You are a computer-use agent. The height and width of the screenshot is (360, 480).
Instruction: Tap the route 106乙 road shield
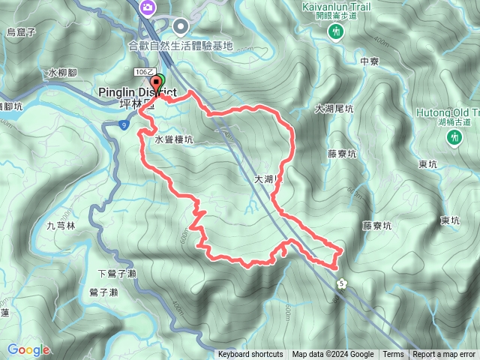(145, 71)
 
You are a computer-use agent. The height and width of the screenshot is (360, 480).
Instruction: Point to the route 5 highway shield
(342, 282)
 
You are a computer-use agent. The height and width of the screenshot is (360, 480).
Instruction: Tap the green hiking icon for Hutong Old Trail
(454, 137)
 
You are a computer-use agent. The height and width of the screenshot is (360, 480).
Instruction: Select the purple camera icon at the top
(148, 7)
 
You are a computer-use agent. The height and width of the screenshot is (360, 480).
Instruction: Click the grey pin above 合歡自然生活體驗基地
(181, 27)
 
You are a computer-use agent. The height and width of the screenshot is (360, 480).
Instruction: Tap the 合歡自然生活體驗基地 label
(181, 46)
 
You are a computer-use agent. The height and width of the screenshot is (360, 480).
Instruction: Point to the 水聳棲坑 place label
(174, 139)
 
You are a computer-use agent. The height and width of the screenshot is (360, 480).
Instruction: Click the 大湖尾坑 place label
(334, 109)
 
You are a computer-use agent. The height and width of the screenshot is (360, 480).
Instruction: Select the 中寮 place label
(369, 62)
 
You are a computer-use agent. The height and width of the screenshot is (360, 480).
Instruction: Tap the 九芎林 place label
(61, 224)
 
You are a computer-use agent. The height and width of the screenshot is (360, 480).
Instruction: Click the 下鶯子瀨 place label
(118, 273)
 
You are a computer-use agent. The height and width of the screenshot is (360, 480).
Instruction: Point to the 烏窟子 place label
(21, 31)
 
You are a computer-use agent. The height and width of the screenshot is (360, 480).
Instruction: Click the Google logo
(28, 350)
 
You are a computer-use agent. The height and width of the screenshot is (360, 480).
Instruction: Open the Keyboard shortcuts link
(250, 355)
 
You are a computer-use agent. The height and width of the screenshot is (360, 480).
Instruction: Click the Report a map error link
(445, 355)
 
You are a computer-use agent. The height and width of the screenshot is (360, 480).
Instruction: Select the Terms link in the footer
(393, 355)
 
